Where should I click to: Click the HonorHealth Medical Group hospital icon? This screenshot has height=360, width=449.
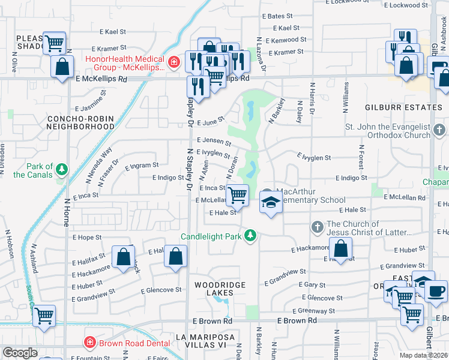(x=173, y=61)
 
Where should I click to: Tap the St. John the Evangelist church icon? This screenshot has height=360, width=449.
(x=439, y=130)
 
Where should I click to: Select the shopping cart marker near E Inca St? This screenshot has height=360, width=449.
(x=238, y=194)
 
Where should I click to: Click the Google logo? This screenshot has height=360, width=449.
(x=20, y=353)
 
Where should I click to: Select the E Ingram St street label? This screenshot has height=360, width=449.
(x=142, y=165)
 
